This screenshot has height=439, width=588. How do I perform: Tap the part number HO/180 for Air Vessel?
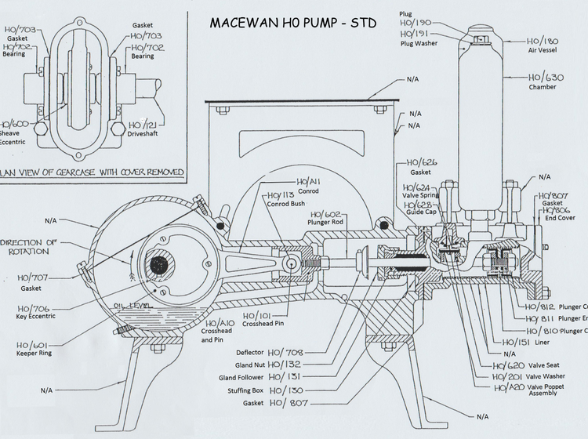(543, 42)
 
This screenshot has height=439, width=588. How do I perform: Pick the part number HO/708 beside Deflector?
(286, 353)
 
